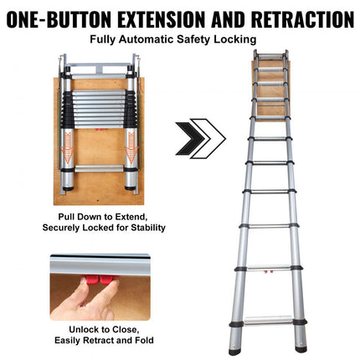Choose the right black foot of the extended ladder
click(x=290, y=344)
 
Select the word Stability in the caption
click(x=147, y=227)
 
